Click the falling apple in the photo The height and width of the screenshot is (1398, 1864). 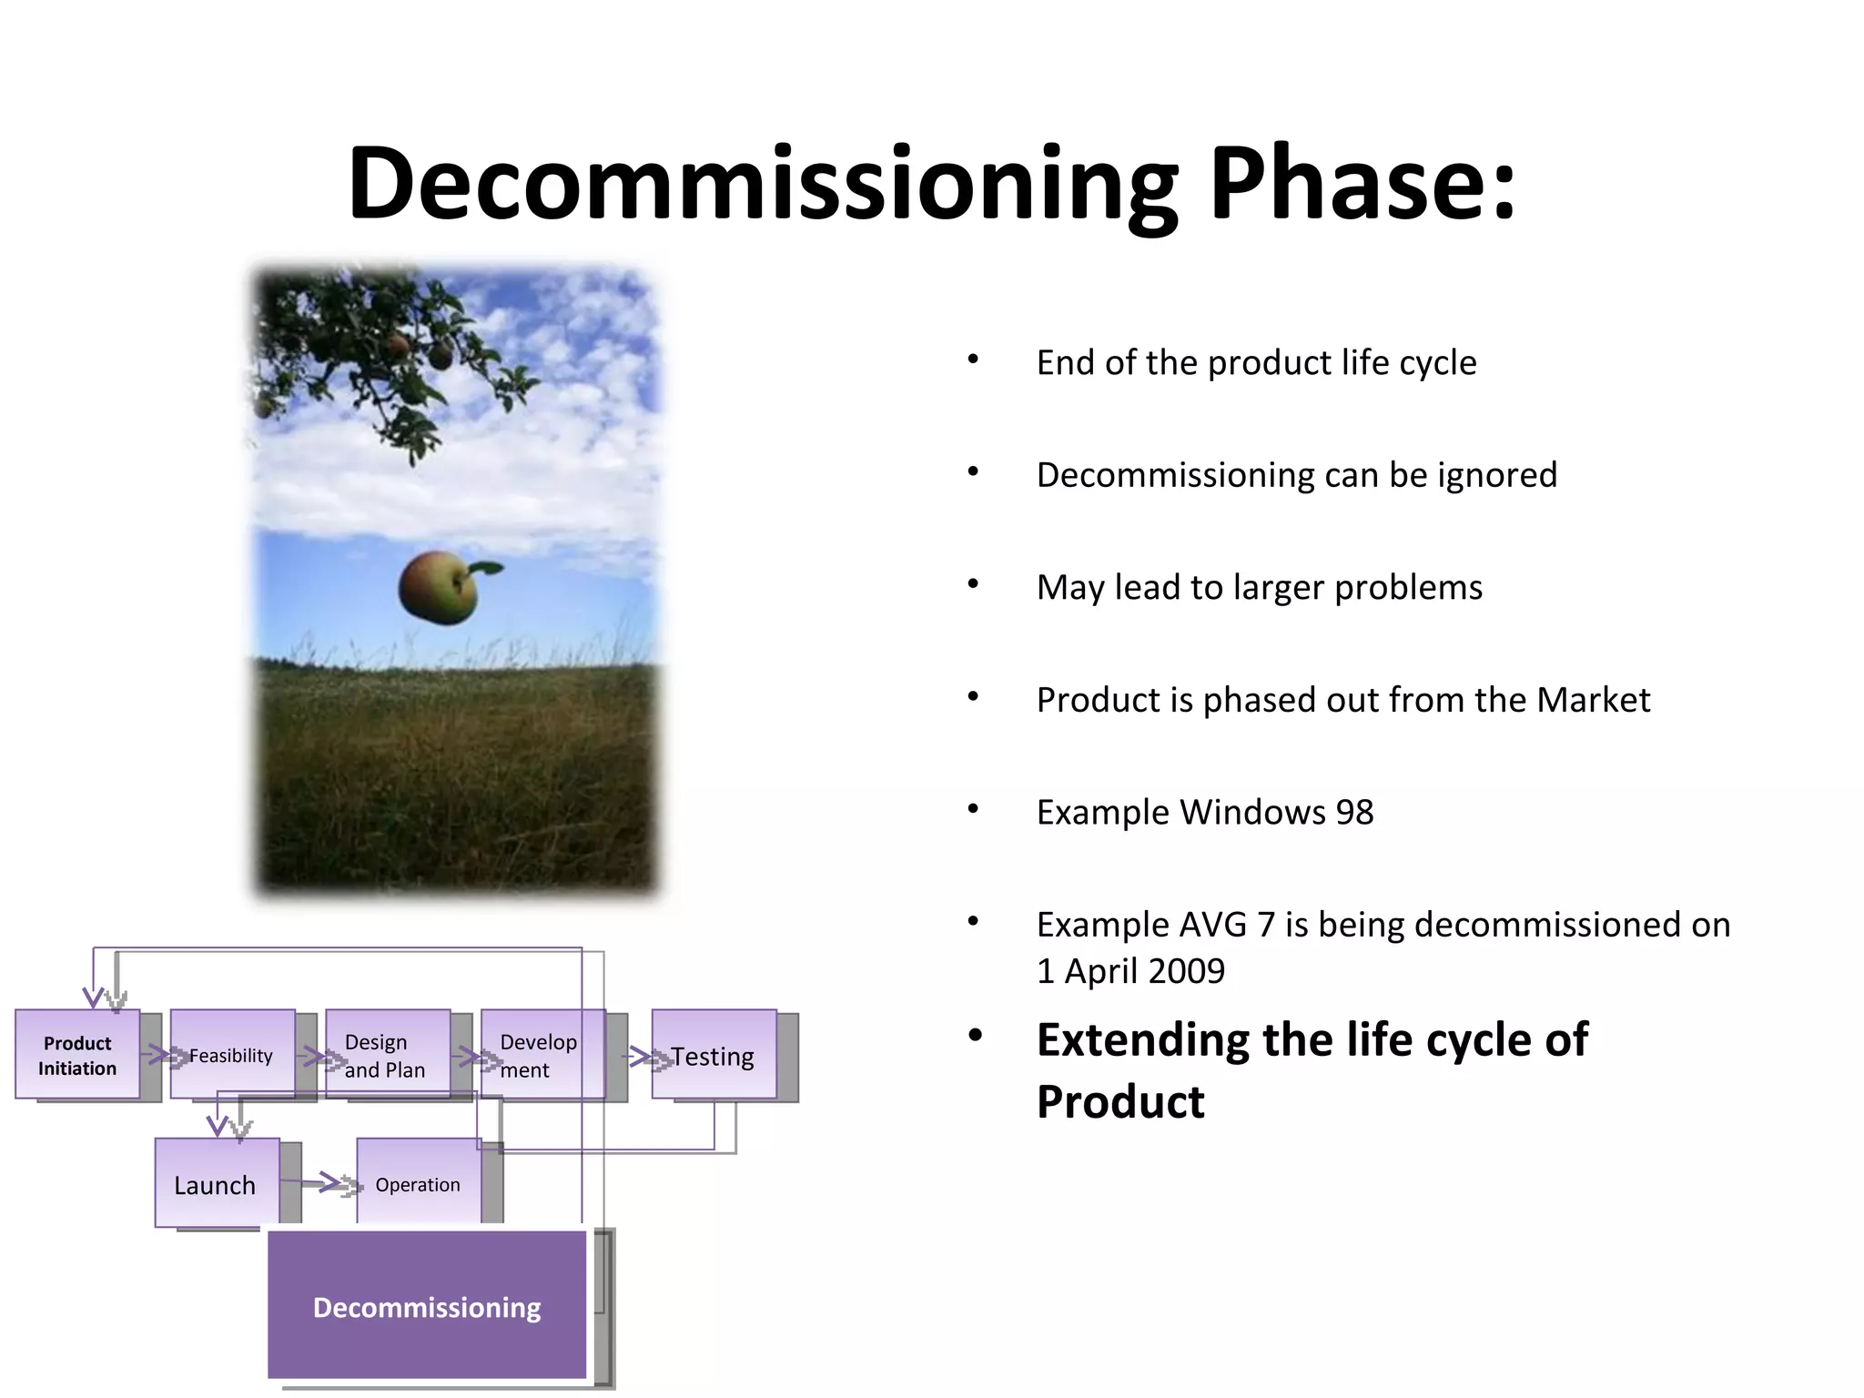pos(438,589)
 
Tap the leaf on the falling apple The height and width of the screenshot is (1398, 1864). pos(485,569)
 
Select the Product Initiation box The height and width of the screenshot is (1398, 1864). pos(77,1055)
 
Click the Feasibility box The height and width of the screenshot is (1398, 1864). pos(232,1055)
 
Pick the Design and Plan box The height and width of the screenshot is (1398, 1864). pos(387,1055)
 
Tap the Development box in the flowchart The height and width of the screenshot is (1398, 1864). pos(542,1055)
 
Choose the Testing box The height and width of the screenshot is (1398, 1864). pos(714,1056)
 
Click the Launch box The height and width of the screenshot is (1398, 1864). pos(216,1184)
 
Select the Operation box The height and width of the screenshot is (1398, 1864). pos(418,1184)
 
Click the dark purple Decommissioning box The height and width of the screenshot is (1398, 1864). pos(427,1307)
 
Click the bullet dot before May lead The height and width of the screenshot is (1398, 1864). pos(973,584)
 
